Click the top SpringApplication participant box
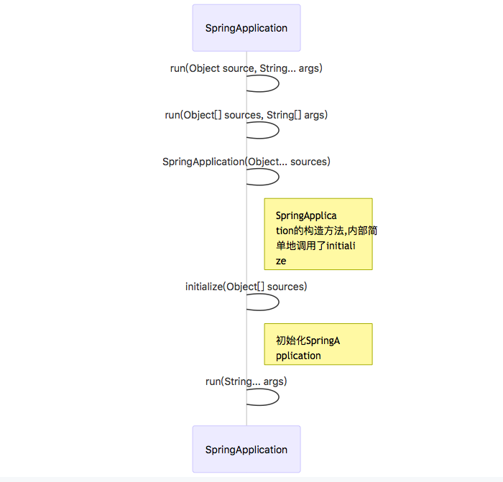(246, 28)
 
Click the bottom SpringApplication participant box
(246, 450)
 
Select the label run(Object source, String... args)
(246, 68)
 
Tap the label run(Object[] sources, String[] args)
(246, 115)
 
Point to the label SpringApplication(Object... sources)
(246, 162)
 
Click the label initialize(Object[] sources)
(246, 287)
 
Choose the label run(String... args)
(246, 381)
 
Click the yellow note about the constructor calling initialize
(318, 234)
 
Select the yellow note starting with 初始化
(318, 344)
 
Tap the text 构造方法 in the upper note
(324, 231)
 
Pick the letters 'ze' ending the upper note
(281, 261)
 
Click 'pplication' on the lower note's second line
(298, 356)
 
